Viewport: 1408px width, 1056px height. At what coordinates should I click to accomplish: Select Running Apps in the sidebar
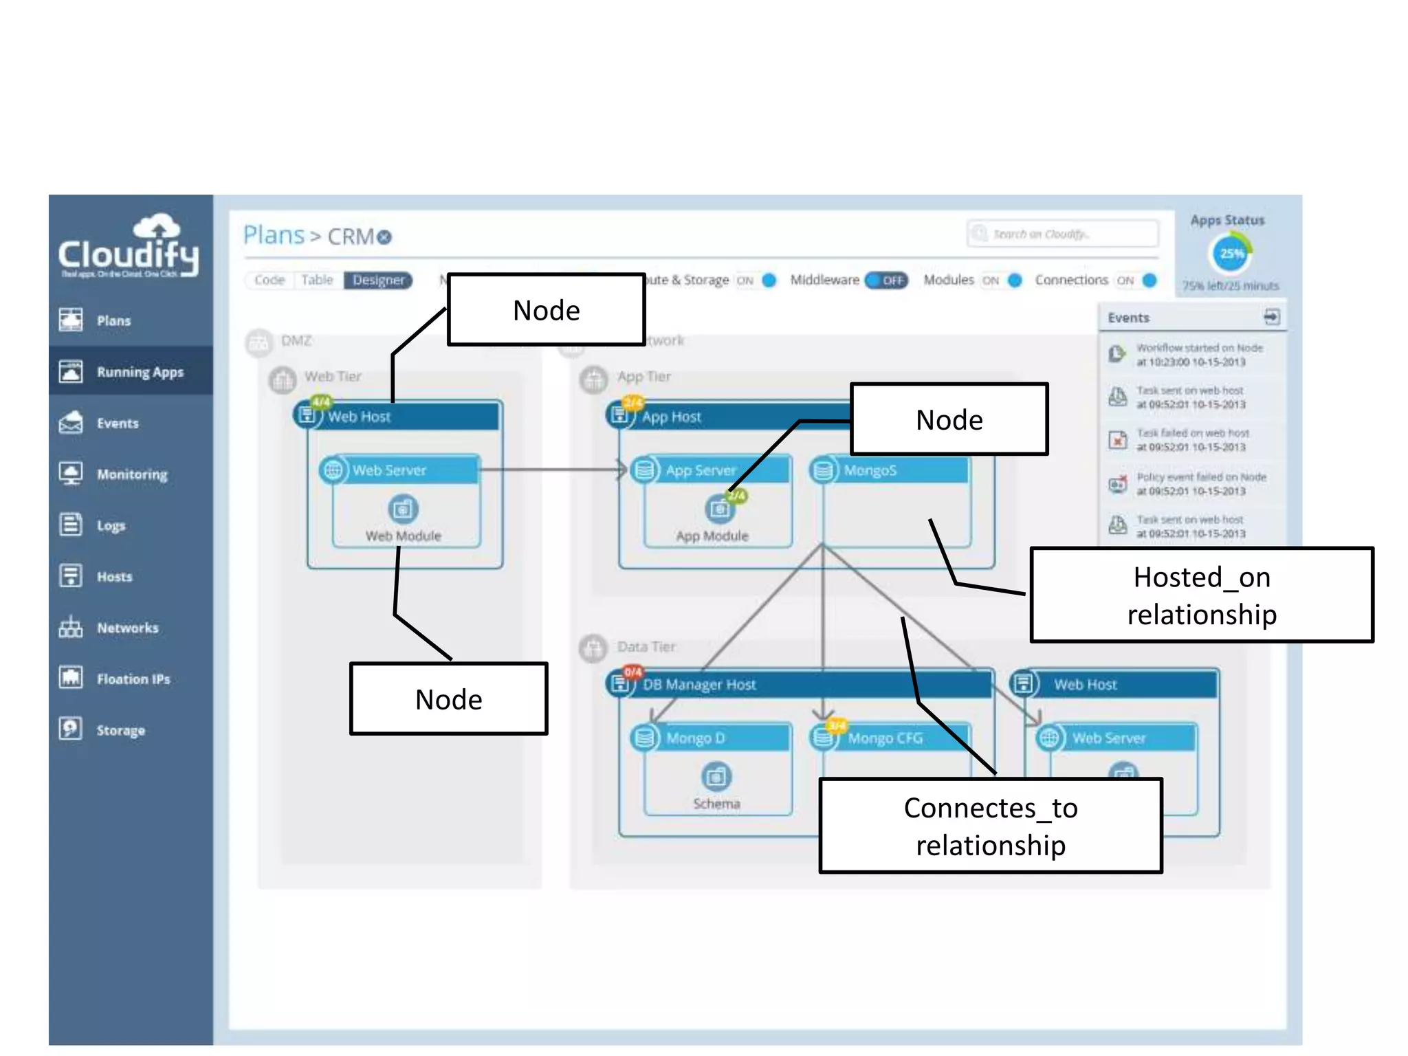[140, 372]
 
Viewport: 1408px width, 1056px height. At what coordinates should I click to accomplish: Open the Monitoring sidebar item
[131, 474]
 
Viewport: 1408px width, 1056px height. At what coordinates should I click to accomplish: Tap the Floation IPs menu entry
[133, 679]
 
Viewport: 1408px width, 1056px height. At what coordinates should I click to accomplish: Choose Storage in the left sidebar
[120, 730]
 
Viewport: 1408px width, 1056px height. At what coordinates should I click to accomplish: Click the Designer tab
[378, 280]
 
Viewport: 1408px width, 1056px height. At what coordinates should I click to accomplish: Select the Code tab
[269, 280]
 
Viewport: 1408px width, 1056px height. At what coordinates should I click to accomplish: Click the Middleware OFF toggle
[886, 280]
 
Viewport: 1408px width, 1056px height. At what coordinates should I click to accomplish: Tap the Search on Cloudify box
[1062, 234]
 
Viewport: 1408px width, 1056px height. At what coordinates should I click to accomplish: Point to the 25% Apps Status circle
[1230, 254]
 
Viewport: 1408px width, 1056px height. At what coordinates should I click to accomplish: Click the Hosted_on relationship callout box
[1201, 595]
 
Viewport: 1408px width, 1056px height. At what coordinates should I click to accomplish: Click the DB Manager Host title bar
[797, 685]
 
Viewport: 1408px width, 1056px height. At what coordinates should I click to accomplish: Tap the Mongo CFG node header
[894, 738]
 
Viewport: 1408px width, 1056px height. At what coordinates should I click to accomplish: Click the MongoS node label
[870, 471]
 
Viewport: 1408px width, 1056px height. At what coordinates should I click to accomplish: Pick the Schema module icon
[716, 777]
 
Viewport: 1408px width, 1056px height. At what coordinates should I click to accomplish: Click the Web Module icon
[403, 509]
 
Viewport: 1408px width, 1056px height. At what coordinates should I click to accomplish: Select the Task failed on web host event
[1191, 440]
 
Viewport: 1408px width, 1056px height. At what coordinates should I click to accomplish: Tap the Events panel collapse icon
[1271, 317]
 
